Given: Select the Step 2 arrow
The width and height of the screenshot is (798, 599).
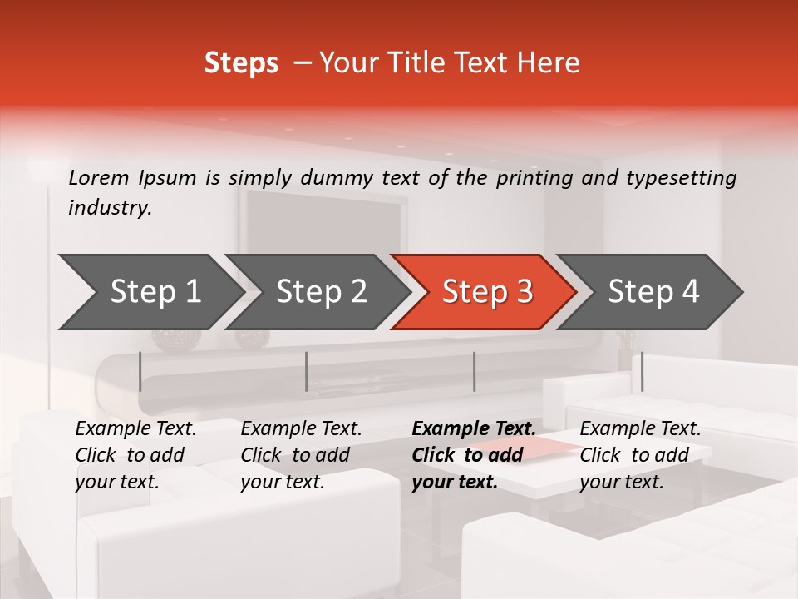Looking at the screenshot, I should [x=321, y=292].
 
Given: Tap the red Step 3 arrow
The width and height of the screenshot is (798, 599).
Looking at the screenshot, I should [x=487, y=292].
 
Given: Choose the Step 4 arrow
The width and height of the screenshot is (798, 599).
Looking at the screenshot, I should [x=653, y=292].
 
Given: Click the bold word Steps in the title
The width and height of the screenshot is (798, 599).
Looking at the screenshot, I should [x=241, y=63].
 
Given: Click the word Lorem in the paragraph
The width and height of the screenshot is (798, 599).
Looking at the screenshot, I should [x=99, y=177].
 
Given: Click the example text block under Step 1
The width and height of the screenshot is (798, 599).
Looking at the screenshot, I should [x=135, y=455].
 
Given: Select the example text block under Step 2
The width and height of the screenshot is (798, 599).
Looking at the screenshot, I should [x=301, y=455].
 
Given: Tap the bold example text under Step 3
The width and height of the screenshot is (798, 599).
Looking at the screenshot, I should [x=473, y=455].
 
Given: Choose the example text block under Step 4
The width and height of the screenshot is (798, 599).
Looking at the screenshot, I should [x=640, y=455].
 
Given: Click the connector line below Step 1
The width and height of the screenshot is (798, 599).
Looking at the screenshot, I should [x=140, y=371].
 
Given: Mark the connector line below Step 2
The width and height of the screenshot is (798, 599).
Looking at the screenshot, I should [x=307, y=371].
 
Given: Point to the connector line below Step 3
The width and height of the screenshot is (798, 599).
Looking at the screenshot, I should [x=474, y=371].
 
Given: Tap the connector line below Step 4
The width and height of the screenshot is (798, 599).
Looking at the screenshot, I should [x=642, y=371].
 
